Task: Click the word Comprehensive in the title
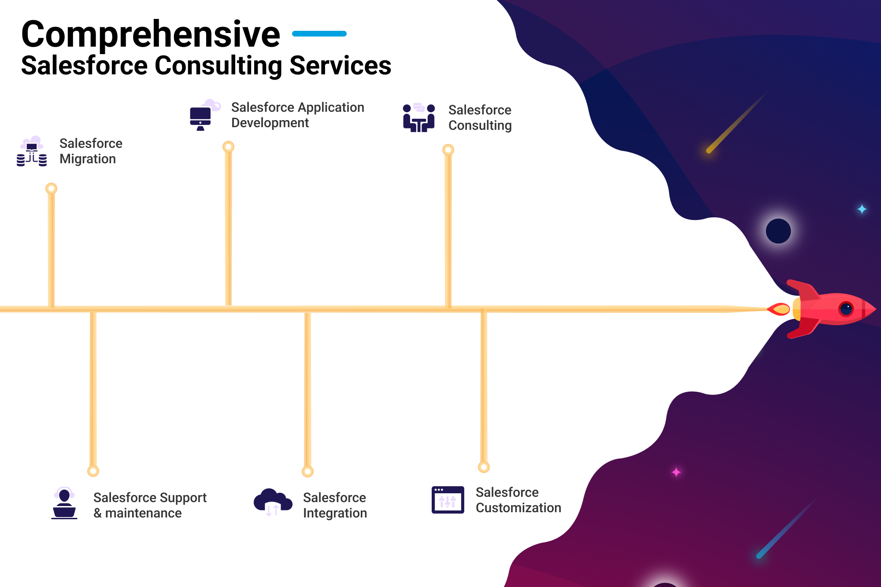151,35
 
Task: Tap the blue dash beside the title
319,33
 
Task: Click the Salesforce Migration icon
32,151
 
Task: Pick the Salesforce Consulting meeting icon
419,117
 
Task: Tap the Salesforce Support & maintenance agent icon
64,503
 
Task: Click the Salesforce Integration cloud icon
273,502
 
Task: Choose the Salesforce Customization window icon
448,500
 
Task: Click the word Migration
88,159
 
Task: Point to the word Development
270,123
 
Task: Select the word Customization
518,508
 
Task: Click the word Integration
335,513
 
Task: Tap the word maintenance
143,513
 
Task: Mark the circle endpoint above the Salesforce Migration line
52,189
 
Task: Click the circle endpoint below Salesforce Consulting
448,150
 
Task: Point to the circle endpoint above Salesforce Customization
484,467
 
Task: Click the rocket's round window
846,309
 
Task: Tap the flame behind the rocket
779,309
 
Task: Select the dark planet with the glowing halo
778,231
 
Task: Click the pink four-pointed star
676,472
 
